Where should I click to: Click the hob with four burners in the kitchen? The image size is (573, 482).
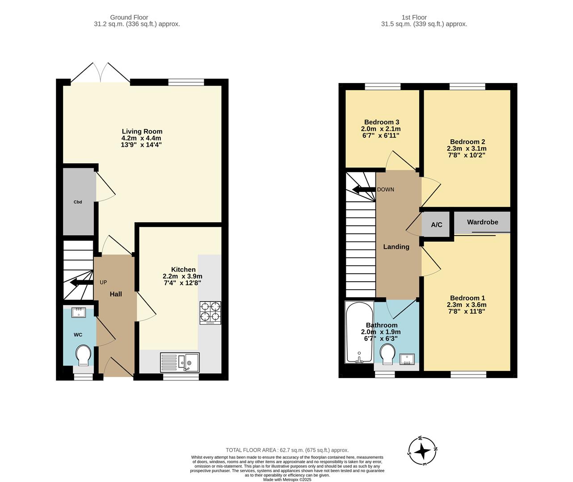(210, 312)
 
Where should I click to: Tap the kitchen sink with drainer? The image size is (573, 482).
(180, 362)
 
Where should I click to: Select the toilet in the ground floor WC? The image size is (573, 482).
(83, 355)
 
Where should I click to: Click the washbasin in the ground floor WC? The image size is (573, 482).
(79, 312)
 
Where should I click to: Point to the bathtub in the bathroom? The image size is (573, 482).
(359, 332)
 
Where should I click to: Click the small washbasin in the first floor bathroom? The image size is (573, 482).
(407, 359)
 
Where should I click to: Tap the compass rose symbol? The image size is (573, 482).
(422, 451)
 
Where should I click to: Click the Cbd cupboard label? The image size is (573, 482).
(78, 202)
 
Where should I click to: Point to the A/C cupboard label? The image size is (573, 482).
(437, 224)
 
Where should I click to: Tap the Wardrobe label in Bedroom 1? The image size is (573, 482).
(482, 222)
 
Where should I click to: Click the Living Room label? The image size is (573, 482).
(142, 131)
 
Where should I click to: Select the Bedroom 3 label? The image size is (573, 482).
(381, 122)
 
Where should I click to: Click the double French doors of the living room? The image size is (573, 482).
(101, 73)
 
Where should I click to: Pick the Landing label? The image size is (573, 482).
(396, 246)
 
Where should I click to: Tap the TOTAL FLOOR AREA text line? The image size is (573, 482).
(287, 450)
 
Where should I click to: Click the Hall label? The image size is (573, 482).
(116, 294)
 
